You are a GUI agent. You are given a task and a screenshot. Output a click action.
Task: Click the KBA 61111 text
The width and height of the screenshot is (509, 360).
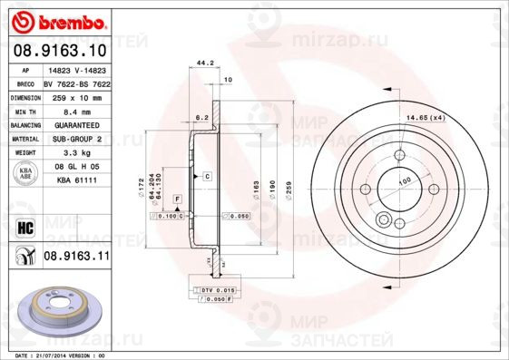pyautogui.click(x=78, y=181)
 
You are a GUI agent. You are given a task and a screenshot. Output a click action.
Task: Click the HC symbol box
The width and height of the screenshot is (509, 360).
pyautogui.click(x=24, y=228)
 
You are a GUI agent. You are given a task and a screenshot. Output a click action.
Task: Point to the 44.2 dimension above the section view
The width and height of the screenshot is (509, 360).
pyautogui.click(x=205, y=63)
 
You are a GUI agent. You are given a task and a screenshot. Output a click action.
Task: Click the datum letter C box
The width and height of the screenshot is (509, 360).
pyautogui.click(x=207, y=175)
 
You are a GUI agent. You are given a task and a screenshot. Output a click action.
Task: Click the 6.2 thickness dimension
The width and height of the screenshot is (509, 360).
pyautogui.click(x=201, y=118)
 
